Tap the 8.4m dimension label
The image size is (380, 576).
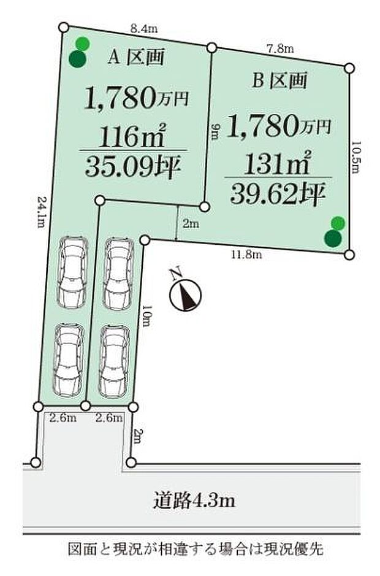[x=144, y=28]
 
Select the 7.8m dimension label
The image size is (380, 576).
[x=281, y=49]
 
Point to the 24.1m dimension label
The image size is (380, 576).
[x=42, y=211]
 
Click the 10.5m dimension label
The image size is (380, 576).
[x=355, y=158]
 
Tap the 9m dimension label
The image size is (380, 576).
[x=216, y=132]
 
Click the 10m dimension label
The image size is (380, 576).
[x=146, y=315]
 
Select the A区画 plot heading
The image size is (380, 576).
[x=135, y=57]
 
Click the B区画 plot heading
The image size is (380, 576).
[x=279, y=80]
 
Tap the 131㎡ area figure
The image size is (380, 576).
[x=277, y=163]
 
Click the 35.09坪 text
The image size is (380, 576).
[x=133, y=166]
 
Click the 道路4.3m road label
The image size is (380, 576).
[x=194, y=500]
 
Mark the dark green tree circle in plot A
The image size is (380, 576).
[x=77, y=59]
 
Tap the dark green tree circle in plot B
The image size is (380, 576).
[x=333, y=238]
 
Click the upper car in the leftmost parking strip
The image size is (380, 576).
[x=72, y=272]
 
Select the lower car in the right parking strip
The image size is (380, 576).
[x=114, y=361]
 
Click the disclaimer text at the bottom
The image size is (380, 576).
[x=196, y=549]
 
